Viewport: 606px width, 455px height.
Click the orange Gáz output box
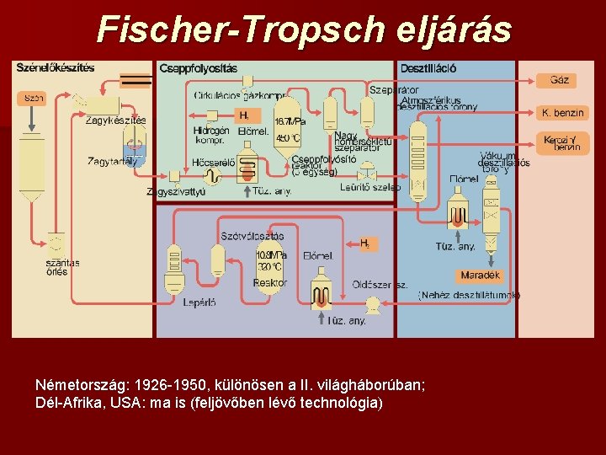point(558,80)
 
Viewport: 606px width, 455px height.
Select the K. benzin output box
point(563,112)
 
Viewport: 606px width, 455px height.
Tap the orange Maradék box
point(480,276)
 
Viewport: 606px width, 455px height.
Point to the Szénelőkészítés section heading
point(56,67)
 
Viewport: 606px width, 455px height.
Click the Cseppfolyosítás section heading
point(198,67)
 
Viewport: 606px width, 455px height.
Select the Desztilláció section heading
point(429,67)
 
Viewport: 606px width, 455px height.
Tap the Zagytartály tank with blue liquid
point(135,150)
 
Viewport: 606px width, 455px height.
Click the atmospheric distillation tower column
point(418,160)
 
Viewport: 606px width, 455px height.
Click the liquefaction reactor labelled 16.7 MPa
point(289,135)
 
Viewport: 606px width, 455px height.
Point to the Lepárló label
point(199,302)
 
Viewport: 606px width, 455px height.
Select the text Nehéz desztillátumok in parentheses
point(470,295)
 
